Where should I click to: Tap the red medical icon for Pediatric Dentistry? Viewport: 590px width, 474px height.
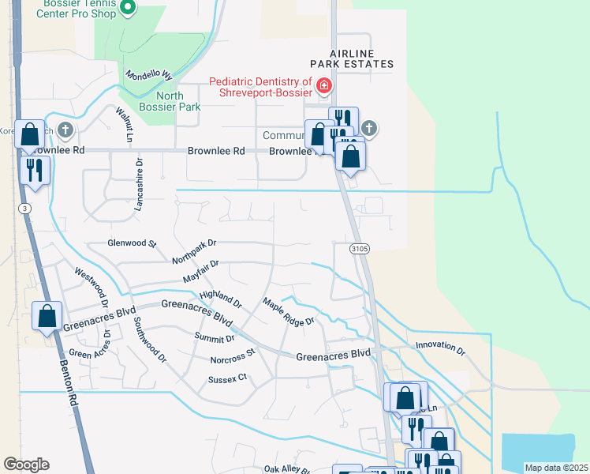click(323, 85)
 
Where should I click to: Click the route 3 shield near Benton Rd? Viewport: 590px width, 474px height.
click(25, 208)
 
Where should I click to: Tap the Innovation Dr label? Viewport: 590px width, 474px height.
click(440, 346)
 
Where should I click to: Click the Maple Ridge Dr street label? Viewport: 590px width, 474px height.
click(289, 310)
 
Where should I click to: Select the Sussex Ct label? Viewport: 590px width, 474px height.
click(228, 378)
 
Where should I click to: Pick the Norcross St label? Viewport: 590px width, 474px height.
click(233, 356)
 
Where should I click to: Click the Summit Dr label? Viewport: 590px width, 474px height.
click(215, 338)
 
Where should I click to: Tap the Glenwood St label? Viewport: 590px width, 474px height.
click(133, 244)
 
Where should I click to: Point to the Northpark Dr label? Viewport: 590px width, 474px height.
click(193, 251)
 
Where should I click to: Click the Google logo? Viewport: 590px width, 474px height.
click(26, 465)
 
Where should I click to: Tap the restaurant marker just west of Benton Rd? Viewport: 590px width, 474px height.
click(35, 169)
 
